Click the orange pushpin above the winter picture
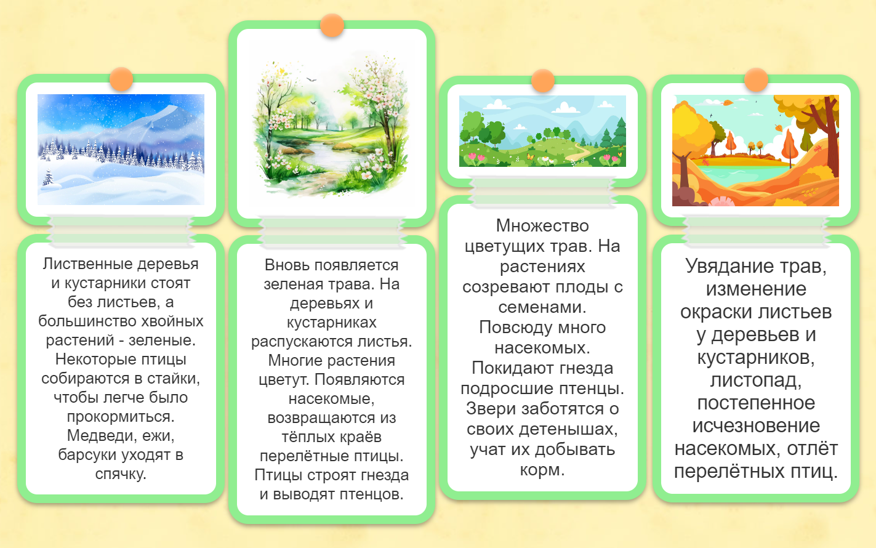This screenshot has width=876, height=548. [121, 79]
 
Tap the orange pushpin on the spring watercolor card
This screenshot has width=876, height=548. [332, 25]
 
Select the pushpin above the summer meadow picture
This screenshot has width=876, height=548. [543, 81]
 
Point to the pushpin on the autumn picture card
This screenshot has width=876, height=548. [756, 80]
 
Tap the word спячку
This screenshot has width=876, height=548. [121, 474]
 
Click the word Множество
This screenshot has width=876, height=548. [542, 226]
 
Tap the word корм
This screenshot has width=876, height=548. [542, 470]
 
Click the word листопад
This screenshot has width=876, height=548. [756, 380]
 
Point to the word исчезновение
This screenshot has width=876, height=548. [756, 425]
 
